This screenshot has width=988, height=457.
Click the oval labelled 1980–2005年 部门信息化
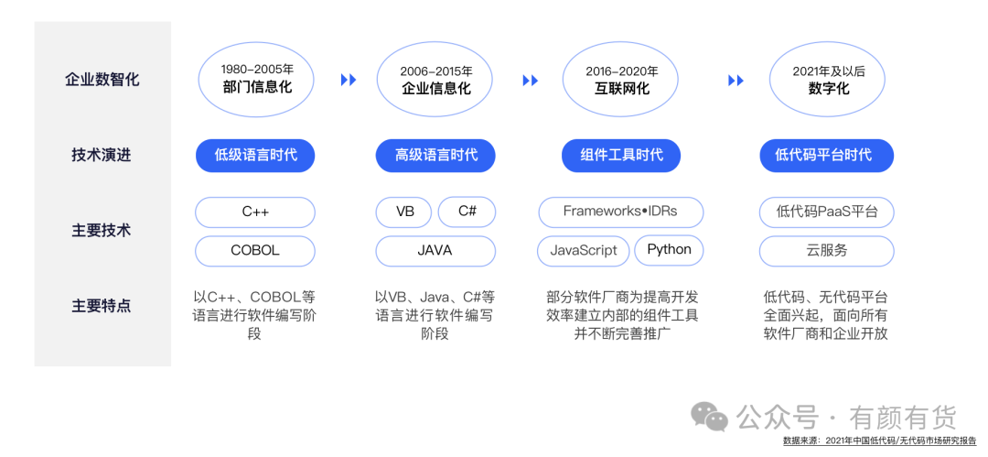coord(257,79)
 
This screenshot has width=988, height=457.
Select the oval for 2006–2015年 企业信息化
coord(436,80)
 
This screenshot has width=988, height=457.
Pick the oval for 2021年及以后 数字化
coord(829,80)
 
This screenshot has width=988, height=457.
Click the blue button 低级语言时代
coord(255,155)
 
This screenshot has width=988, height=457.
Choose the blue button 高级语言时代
coord(436,155)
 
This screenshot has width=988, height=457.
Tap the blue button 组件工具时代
coord(621,155)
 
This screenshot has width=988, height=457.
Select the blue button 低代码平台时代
coord(827,155)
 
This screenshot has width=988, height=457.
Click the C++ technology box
coord(255,212)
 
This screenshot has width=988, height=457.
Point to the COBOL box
coord(255,250)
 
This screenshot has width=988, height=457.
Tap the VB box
coord(405,212)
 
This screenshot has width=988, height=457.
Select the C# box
coord(467,212)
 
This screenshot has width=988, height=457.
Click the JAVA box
coord(435,250)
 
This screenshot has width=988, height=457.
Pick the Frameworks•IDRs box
coord(620,212)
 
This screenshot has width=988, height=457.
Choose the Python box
coord(669,250)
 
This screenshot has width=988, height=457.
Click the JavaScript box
coord(584,250)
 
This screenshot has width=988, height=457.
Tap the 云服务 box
coord(827,250)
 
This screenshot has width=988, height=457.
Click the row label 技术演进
coord(102,155)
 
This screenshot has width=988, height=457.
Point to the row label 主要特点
coord(102,305)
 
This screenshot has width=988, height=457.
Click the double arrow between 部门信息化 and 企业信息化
coord(349,80)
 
